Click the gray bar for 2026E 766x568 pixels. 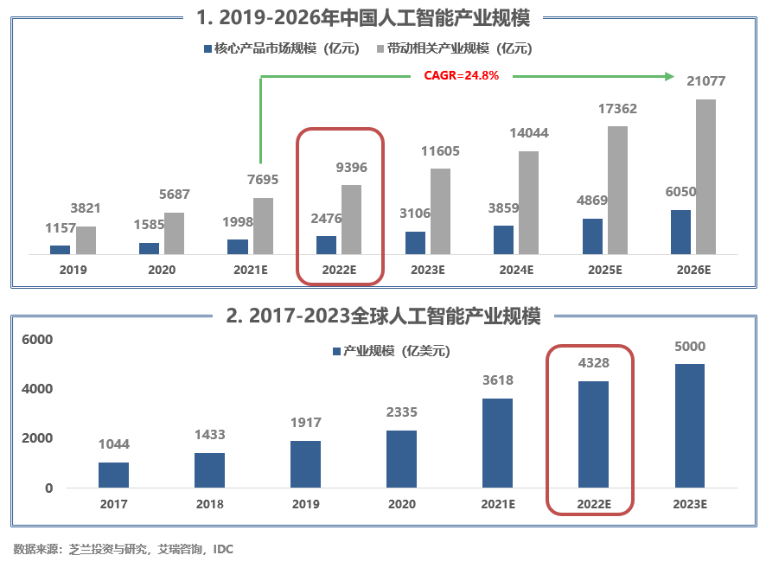pyautogui.click(x=705, y=176)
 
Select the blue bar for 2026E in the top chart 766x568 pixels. pyautogui.click(x=681, y=232)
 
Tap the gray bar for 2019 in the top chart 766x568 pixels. pyautogui.click(x=86, y=240)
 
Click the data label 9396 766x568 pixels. pyautogui.click(x=351, y=168)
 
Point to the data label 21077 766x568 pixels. pyautogui.click(x=705, y=82)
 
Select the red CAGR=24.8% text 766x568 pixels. pyautogui.click(x=461, y=75)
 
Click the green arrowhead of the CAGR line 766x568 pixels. pyautogui.click(x=668, y=77)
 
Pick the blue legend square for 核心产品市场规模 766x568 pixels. pyautogui.click(x=207, y=48)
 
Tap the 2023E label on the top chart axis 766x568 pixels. pyautogui.click(x=427, y=270)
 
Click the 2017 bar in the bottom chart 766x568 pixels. pyautogui.click(x=113, y=475)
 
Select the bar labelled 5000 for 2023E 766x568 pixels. pyautogui.click(x=689, y=425)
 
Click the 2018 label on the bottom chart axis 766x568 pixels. pyautogui.click(x=209, y=504)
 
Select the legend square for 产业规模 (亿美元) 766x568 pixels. pyautogui.click(x=337, y=351)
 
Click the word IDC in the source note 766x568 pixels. pyautogui.click(x=223, y=549)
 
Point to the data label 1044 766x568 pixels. pyautogui.click(x=113, y=444)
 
